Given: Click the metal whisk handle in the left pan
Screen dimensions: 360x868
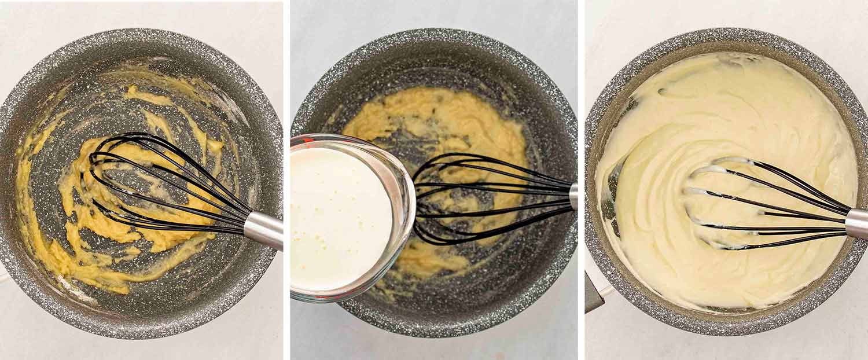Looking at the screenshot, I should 264,229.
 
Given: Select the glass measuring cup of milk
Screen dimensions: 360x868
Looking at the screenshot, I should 347,220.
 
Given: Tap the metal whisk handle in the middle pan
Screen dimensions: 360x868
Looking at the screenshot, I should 573,196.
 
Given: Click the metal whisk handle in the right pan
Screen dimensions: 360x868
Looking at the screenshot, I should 857,223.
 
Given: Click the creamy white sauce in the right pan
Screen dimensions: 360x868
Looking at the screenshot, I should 723,116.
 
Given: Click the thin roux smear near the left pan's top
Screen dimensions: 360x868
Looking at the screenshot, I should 145,95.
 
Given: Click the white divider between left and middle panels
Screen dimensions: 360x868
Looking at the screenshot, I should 286,174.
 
